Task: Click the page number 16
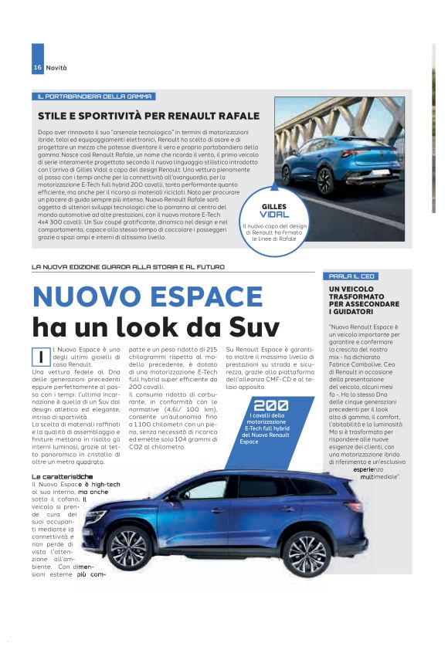click(x=37, y=68)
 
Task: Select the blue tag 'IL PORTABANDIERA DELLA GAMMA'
click(x=94, y=96)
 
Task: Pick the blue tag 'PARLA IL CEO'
click(x=351, y=276)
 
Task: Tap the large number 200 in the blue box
click(x=271, y=405)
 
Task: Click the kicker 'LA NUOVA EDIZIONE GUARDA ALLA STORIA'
click(x=128, y=267)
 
